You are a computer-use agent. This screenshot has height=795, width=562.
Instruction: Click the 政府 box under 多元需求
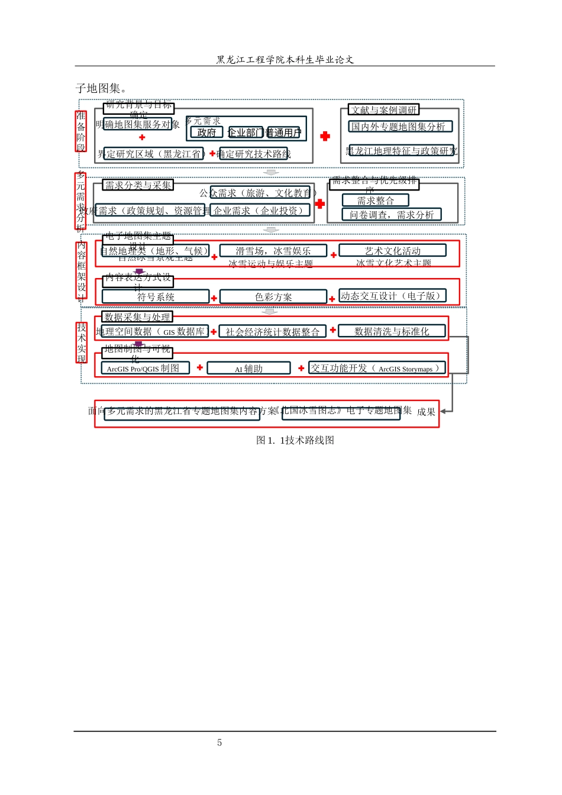[x=206, y=132]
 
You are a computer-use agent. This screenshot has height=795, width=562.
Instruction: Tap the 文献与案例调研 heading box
[x=384, y=109]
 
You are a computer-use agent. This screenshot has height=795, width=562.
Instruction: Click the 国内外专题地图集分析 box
[x=400, y=126]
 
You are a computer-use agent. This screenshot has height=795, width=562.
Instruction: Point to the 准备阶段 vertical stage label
[x=81, y=131]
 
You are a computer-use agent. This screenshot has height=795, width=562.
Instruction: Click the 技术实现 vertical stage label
[x=82, y=342]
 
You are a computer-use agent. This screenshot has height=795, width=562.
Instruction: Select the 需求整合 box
[x=375, y=201]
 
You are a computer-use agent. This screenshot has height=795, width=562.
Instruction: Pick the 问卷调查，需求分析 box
[x=391, y=214]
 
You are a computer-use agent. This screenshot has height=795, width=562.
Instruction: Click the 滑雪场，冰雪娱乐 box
[x=273, y=251]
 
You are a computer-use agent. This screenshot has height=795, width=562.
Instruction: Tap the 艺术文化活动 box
[x=392, y=251]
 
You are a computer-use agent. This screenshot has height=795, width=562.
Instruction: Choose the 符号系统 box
[x=156, y=296]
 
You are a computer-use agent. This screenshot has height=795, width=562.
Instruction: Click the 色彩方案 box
[x=273, y=296]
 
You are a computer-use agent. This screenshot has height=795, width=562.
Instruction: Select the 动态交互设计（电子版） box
[x=392, y=296]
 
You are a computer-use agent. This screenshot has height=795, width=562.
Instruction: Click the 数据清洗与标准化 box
[x=392, y=331]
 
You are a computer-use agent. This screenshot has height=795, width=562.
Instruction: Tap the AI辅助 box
[x=248, y=369]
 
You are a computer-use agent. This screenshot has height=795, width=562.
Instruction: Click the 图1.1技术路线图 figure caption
[x=295, y=440]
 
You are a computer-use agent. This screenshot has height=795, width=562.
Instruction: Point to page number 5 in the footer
[x=219, y=742]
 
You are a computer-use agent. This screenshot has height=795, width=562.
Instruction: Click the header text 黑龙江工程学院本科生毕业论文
[x=285, y=59]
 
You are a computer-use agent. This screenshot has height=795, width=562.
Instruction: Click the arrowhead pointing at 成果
[x=443, y=411]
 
